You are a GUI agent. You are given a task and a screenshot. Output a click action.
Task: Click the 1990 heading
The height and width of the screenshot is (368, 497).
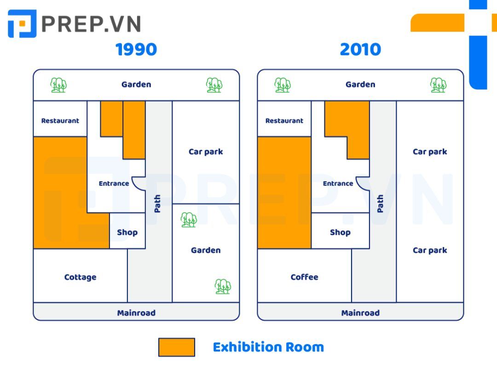tap(136, 49)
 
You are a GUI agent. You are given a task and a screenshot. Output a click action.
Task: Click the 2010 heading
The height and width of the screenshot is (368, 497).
tap(360, 49)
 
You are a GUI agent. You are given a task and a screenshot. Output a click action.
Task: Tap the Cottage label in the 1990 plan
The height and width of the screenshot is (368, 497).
tap(80, 277)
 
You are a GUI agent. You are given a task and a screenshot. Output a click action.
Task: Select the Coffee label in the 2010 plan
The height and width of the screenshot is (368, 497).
tap(304, 277)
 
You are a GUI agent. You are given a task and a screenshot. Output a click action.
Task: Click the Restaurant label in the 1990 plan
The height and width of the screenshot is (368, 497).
tap(60, 121)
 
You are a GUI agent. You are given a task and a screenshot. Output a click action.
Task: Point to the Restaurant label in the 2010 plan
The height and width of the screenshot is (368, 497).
tap(284, 121)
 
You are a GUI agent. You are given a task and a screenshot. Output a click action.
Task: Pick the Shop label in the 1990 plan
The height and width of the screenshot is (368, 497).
tap(127, 232)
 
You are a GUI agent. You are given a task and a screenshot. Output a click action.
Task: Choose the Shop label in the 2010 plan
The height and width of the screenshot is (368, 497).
tap(341, 232)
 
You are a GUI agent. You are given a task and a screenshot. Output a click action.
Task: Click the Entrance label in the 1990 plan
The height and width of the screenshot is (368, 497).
tap(114, 184)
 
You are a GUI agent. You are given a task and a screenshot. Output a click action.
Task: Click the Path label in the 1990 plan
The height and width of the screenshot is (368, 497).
tap(157, 203)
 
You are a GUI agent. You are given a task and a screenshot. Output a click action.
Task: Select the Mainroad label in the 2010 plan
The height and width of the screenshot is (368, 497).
tap(360, 313)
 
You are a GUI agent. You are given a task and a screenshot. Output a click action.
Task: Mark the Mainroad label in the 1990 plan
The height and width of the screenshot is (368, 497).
tap(136, 313)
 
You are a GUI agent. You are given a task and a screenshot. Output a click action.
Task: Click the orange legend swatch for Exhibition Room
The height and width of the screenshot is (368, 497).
tap(177, 347)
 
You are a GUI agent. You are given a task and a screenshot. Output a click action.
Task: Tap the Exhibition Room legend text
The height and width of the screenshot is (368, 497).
tap(268, 347)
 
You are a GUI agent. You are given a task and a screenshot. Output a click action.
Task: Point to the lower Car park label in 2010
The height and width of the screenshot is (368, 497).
tap(430, 250)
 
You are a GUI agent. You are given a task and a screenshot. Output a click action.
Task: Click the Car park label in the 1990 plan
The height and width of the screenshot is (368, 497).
tap(206, 152)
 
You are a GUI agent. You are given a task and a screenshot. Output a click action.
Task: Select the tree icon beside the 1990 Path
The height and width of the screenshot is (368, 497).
tap(189, 220)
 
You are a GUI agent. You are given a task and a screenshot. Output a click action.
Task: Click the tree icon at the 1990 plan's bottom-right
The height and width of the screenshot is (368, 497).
tap(223, 287)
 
